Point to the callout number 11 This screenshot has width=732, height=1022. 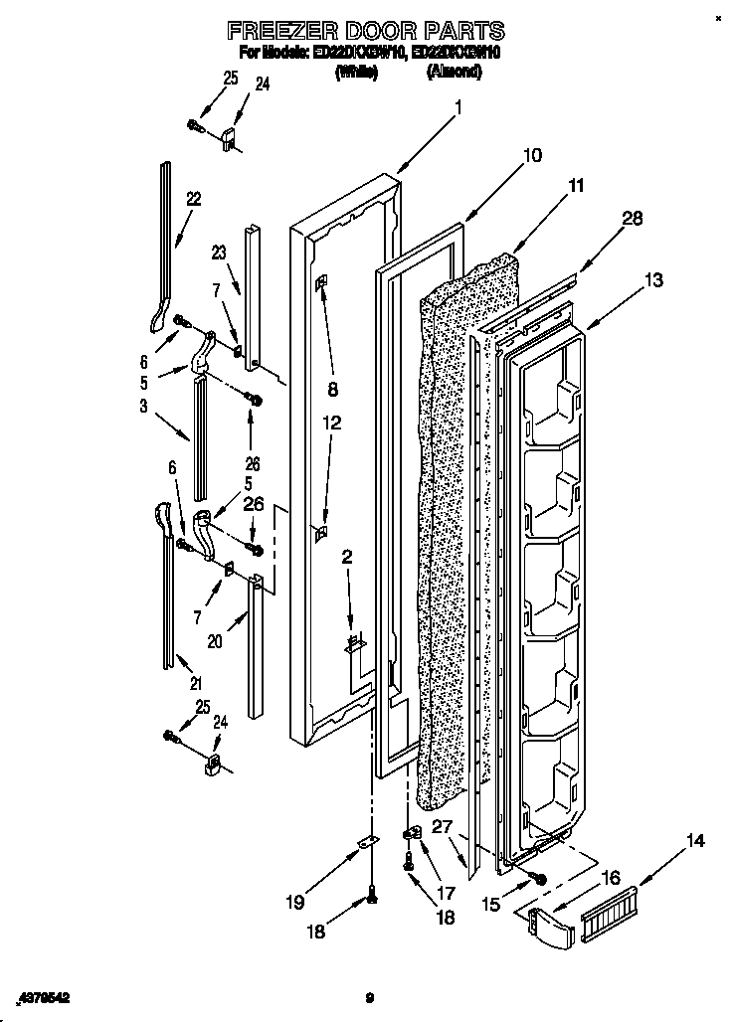tap(576, 185)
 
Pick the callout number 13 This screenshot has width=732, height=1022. tap(652, 280)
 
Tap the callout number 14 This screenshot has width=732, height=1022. tap(695, 842)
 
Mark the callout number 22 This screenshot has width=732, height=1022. tap(193, 199)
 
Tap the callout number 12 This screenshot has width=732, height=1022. tap(332, 423)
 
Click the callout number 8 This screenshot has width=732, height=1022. tap(332, 388)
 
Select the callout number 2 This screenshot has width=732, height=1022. tap(347, 558)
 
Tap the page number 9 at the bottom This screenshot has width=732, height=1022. tap(368, 996)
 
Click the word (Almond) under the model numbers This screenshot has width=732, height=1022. tap(455, 72)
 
